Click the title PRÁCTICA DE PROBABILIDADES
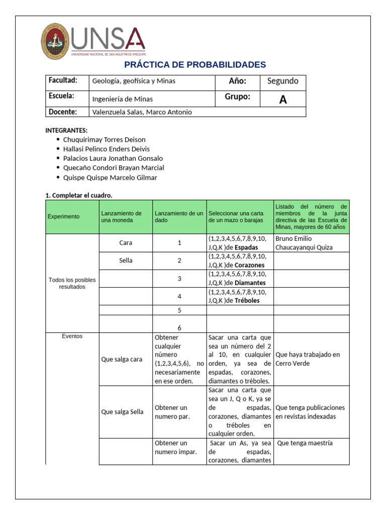pyautogui.click(x=195, y=65)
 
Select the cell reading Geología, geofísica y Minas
pyautogui.click(x=134, y=81)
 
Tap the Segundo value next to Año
pyautogui.click(x=282, y=81)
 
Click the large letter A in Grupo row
pyautogui.click(x=283, y=100)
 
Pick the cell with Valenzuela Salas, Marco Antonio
pyautogui.click(x=142, y=112)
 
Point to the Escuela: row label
pyautogui.click(x=62, y=96)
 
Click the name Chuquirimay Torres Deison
pyautogui.click(x=104, y=139)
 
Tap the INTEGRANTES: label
pyautogui.click(x=66, y=130)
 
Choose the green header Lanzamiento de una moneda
pyautogui.click(x=125, y=217)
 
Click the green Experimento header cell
pyautogui.click(x=64, y=217)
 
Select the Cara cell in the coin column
pyautogui.click(x=126, y=243)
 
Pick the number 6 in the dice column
pyautogui.click(x=179, y=327)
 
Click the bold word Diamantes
pyautogui.click(x=250, y=283)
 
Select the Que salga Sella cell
pyautogui.click(x=123, y=412)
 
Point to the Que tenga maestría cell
pyautogui.click(x=305, y=443)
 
